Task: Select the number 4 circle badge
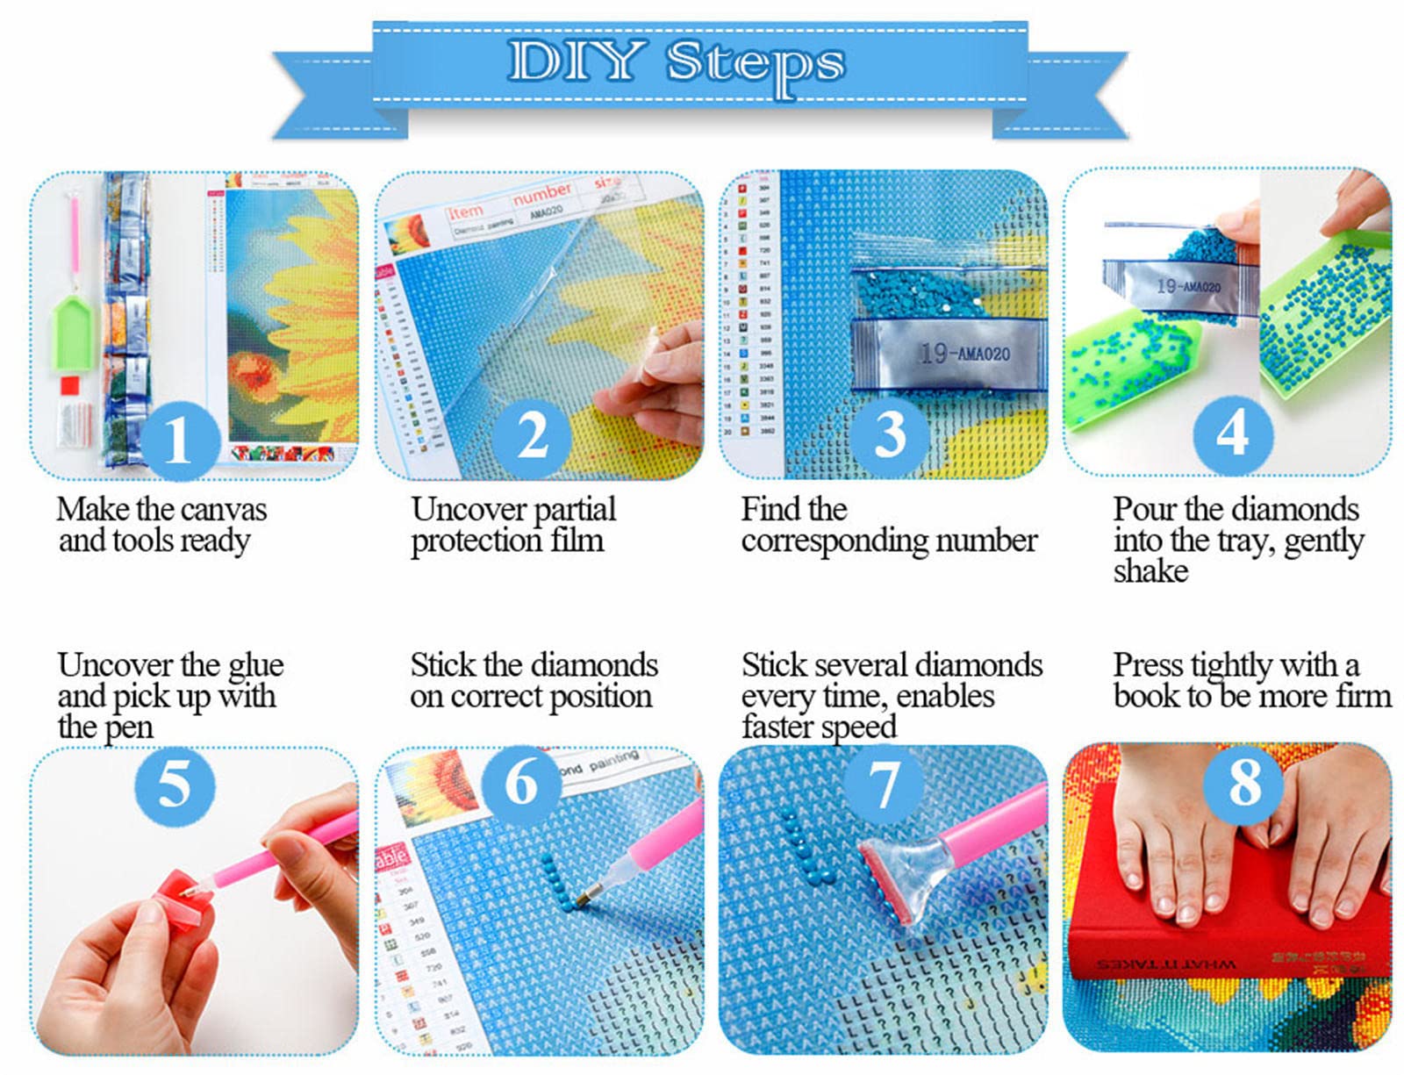click(1232, 432)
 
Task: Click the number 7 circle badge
click(883, 784)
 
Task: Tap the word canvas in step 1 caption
click(224, 509)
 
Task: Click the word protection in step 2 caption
click(477, 541)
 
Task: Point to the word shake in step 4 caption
click(1150, 571)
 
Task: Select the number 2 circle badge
click(532, 435)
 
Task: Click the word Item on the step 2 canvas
click(466, 211)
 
